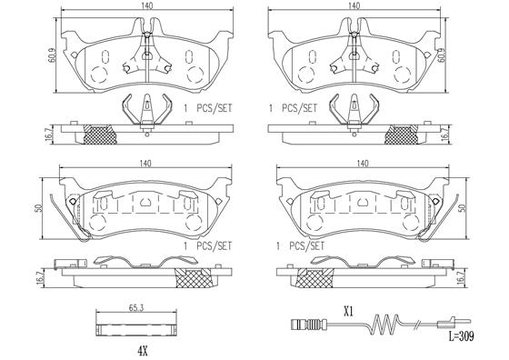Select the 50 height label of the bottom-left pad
click(39, 208)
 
